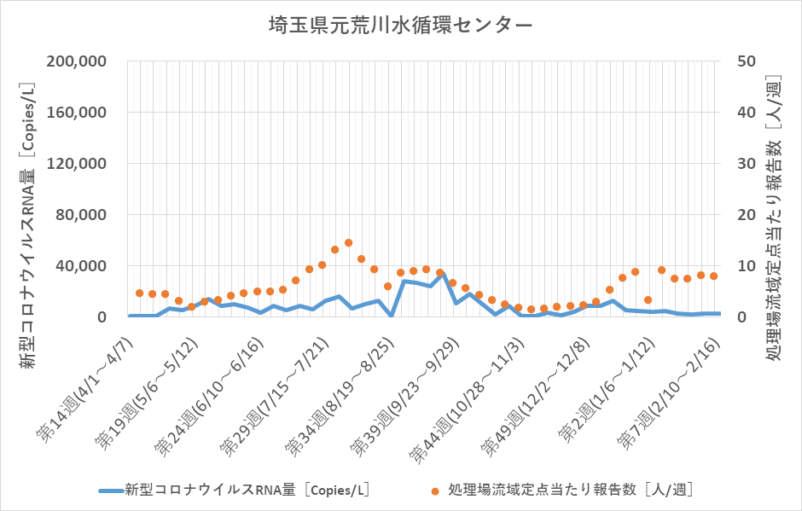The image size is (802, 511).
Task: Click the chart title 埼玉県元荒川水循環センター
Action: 401,25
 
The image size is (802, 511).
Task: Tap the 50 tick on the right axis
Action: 743,61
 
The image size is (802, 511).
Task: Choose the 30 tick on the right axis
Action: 743,164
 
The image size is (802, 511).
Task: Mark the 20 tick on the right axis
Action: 743,215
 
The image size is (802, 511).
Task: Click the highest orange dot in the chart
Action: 348,243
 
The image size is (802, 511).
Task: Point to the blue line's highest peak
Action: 443,275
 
